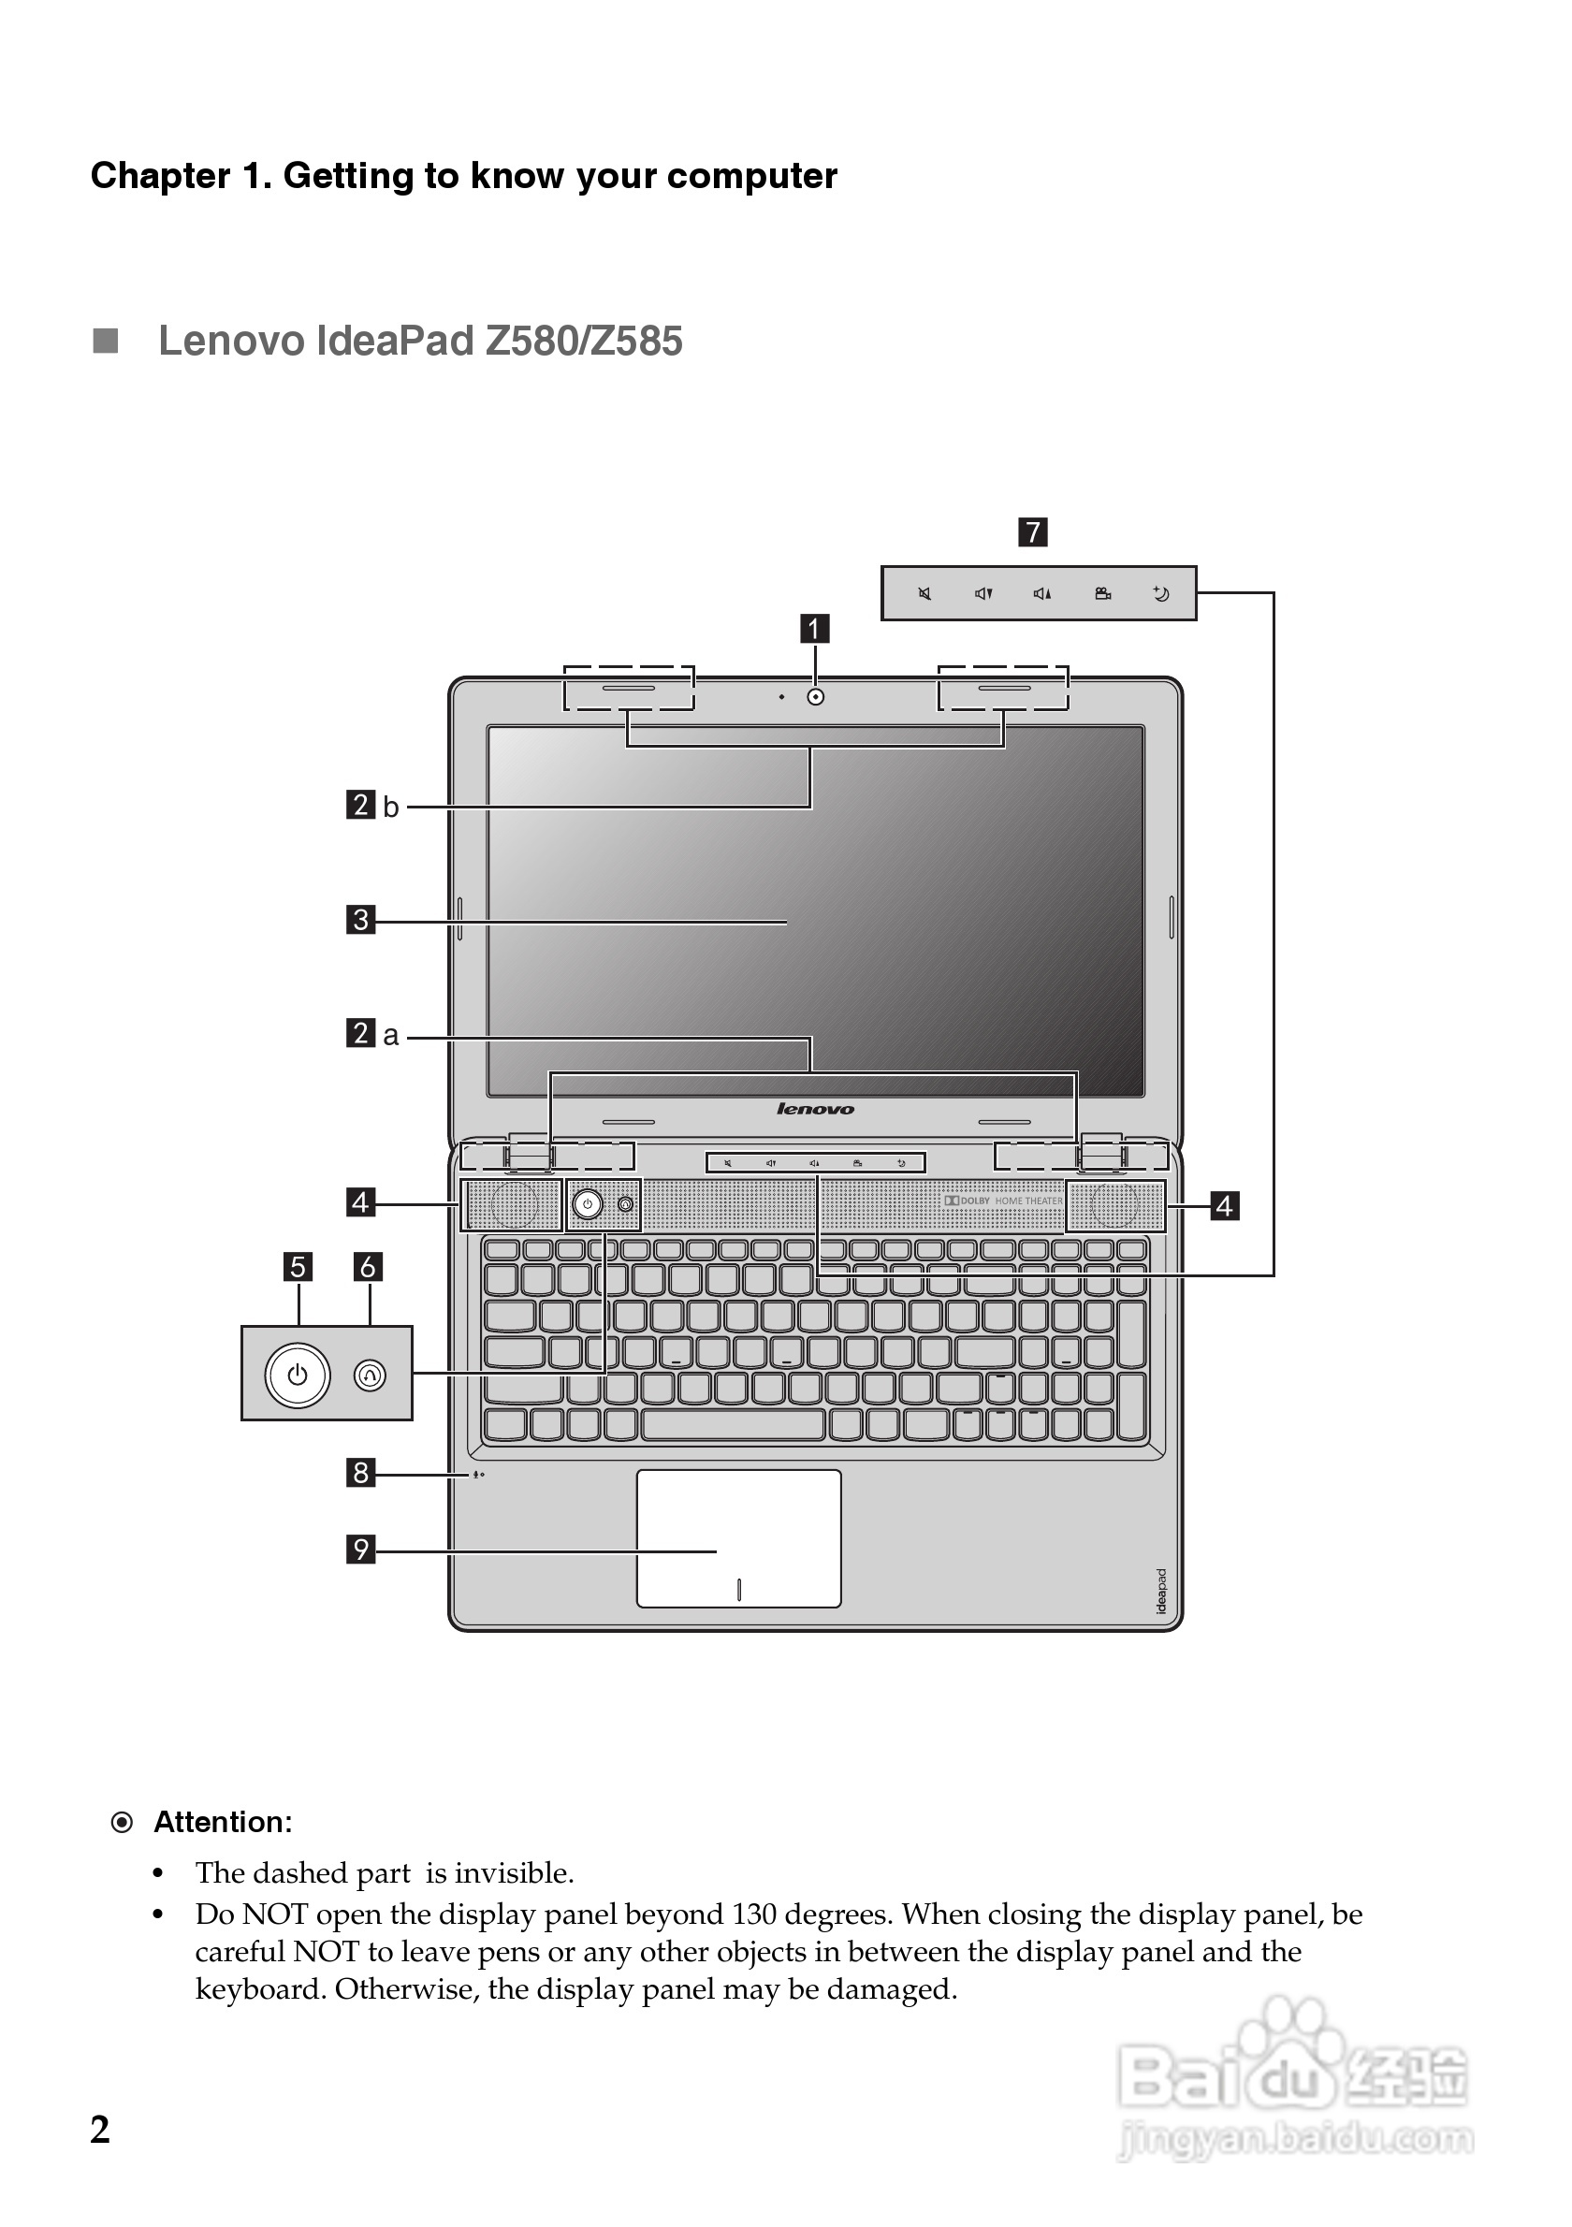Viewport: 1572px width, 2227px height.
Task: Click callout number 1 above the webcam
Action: pyautogui.click(x=814, y=629)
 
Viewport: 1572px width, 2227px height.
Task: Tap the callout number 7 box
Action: pyautogui.click(x=1032, y=531)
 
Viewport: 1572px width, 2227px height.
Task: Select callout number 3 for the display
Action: pyautogui.click(x=361, y=919)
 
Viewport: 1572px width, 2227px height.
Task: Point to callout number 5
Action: pyautogui.click(x=298, y=1266)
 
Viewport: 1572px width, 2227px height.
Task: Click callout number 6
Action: pyautogui.click(x=368, y=1266)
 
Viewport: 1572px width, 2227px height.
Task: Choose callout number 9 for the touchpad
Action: pyautogui.click(x=361, y=1549)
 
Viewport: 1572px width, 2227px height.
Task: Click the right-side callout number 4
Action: pyautogui.click(x=1225, y=1205)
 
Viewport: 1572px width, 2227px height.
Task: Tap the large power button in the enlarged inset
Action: pyautogui.click(x=298, y=1375)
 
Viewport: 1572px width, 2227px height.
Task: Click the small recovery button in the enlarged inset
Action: pyautogui.click(x=371, y=1375)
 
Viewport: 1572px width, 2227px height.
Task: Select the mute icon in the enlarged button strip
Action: pyautogui.click(x=925, y=593)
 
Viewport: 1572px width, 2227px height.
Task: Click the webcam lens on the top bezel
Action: pyautogui.click(x=816, y=696)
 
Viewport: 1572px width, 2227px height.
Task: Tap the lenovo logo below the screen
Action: pyautogui.click(x=815, y=1109)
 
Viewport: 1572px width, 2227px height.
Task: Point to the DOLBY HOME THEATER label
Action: pyautogui.click(x=1004, y=1201)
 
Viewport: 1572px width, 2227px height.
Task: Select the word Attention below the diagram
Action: pyautogui.click(x=222, y=1823)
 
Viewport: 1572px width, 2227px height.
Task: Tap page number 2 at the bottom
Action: pyautogui.click(x=100, y=2130)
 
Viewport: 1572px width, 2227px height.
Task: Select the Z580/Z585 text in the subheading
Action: pyautogui.click(x=584, y=342)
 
